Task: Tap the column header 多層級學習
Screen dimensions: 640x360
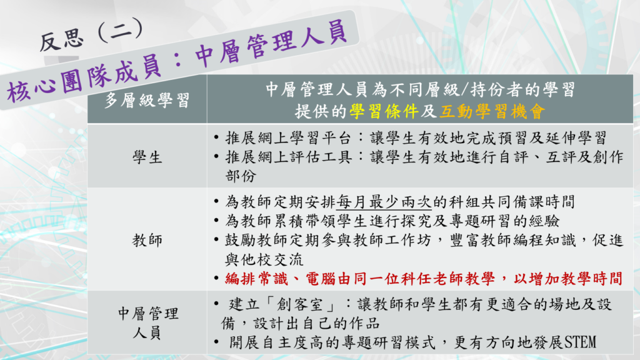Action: click(x=147, y=100)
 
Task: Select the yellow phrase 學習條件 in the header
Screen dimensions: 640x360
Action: click(x=384, y=111)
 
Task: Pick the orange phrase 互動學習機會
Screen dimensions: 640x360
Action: click(x=492, y=111)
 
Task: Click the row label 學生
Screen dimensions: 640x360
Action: click(x=147, y=157)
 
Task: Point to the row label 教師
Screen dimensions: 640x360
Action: click(x=147, y=240)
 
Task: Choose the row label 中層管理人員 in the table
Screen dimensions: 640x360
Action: click(x=147, y=323)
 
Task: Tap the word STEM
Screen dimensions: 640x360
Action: click(x=580, y=342)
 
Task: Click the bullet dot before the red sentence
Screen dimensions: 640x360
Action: click(x=216, y=279)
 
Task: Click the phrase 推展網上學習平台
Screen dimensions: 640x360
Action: click(x=288, y=138)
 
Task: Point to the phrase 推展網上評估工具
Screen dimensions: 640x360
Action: click(x=288, y=157)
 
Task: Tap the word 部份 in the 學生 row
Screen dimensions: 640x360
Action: click(x=241, y=176)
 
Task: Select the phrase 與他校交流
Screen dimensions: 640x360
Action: click(x=264, y=259)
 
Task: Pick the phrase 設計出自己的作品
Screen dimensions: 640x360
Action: click(x=317, y=324)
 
